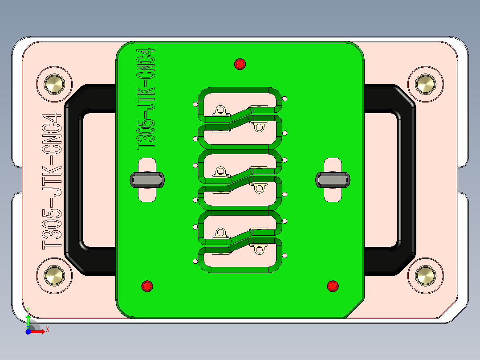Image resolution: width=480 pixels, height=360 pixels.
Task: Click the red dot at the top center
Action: pyautogui.click(x=240, y=64)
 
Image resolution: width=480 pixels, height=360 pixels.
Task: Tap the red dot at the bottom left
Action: pyautogui.click(x=147, y=286)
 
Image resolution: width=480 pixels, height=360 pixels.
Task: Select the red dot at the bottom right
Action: pyautogui.click(x=333, y=286)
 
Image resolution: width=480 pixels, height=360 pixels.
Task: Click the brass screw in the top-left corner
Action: pyautogui.click(x=54, y=84)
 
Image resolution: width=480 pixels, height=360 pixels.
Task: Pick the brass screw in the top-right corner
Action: pyautogui.click(x=425, y=84)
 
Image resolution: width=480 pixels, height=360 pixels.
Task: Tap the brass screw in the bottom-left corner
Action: pyautogui.click(x=54, y=275)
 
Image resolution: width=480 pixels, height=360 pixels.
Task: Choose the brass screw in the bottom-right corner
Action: pyautogui.click(x=425, y=275)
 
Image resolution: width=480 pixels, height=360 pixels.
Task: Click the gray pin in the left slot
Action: pyautogui.click(x=147, y=180)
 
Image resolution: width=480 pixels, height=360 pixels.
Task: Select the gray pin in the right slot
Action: pyautogui.click(x=333, y=180)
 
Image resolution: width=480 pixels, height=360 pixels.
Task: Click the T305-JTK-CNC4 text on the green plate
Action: pyautogui.click(x=146, y=98)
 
